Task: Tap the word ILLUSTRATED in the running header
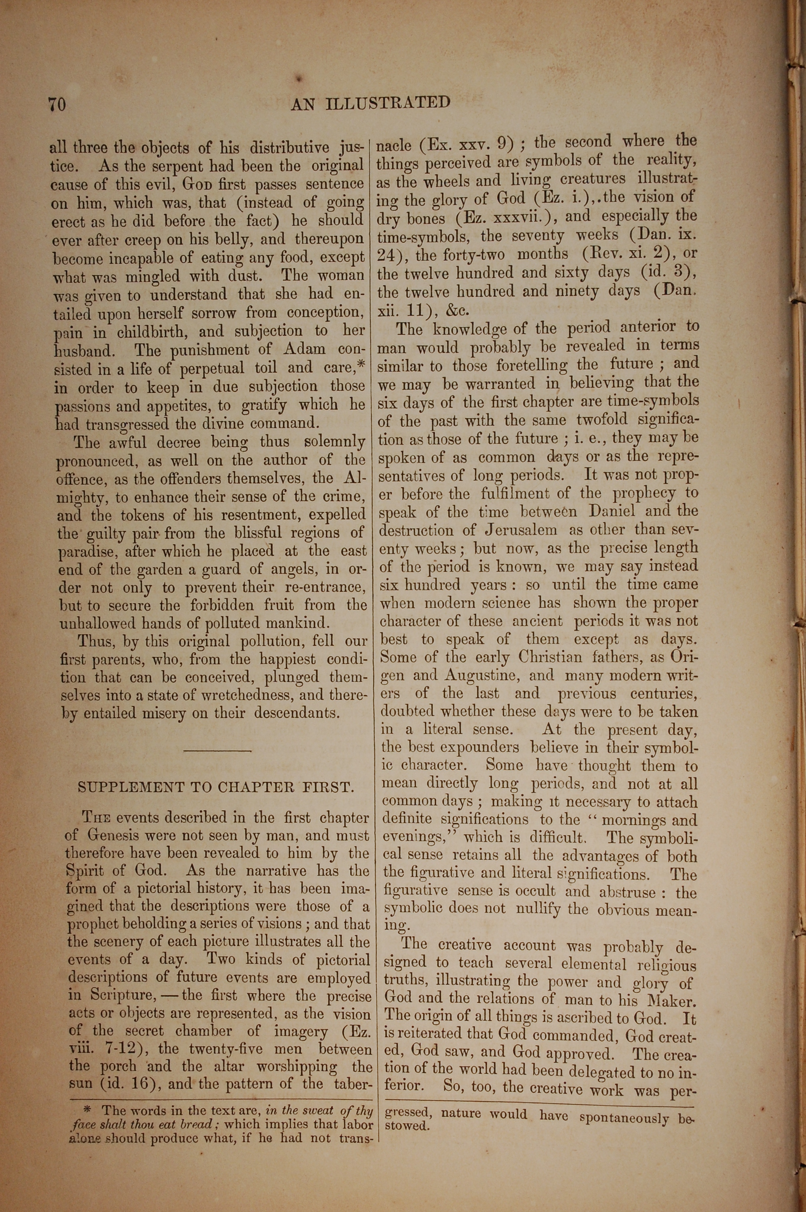tap(388, 103)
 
